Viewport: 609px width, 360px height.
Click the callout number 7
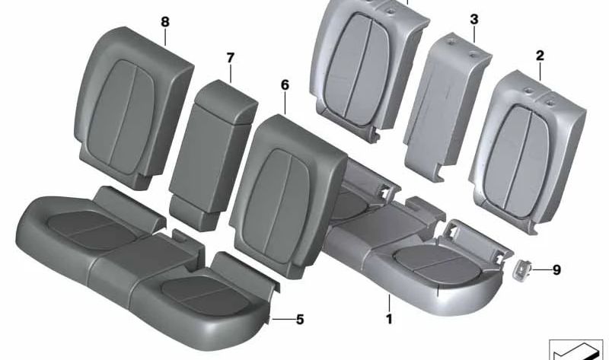(x=231, y=57)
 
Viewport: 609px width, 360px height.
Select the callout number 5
(x=299, y=320)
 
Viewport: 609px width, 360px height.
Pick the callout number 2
(x=540, y=55)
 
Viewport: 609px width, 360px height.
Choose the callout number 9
(x=556, y=269)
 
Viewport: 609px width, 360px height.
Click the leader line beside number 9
(x=542, y=269)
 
